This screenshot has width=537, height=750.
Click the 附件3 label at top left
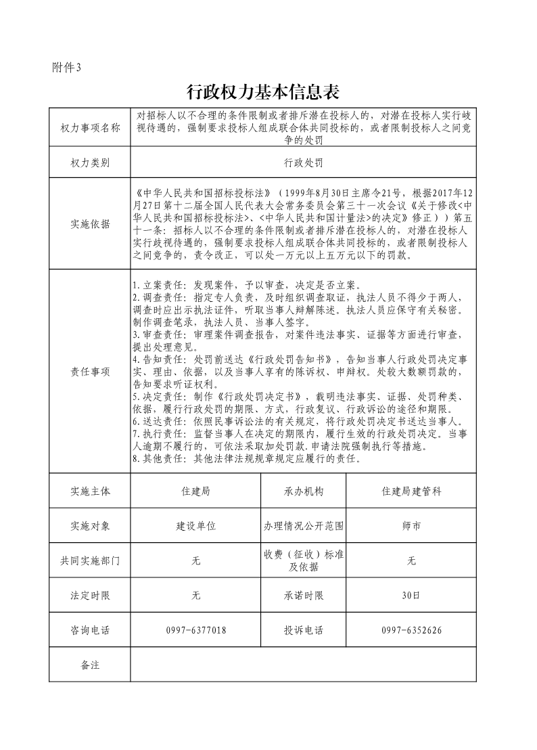(x=66, y=67)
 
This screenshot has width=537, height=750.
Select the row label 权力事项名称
(x=90, y=128)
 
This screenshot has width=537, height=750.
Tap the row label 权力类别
(x=90, y=163)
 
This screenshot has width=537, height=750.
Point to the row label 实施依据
(x=90, y=224)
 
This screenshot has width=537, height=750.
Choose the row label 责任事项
(x=90, y=372)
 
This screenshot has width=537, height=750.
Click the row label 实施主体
(x=90, y=491)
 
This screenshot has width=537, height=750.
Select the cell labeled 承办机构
(x=303, y=491)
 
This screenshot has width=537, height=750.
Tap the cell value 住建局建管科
(x=411, y=491)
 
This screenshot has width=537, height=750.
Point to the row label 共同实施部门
(x=90, y=561)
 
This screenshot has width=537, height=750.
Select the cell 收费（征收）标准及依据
(x=303, y=560)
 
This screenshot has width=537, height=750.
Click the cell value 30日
(x=411, y=596)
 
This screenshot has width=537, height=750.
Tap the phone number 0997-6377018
(x=196, y=631)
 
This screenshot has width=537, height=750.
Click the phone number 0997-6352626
(x=411, y=631)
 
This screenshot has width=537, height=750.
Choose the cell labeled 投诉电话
(x=303, y=631)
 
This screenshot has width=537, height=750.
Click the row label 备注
(x=90, y=665)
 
